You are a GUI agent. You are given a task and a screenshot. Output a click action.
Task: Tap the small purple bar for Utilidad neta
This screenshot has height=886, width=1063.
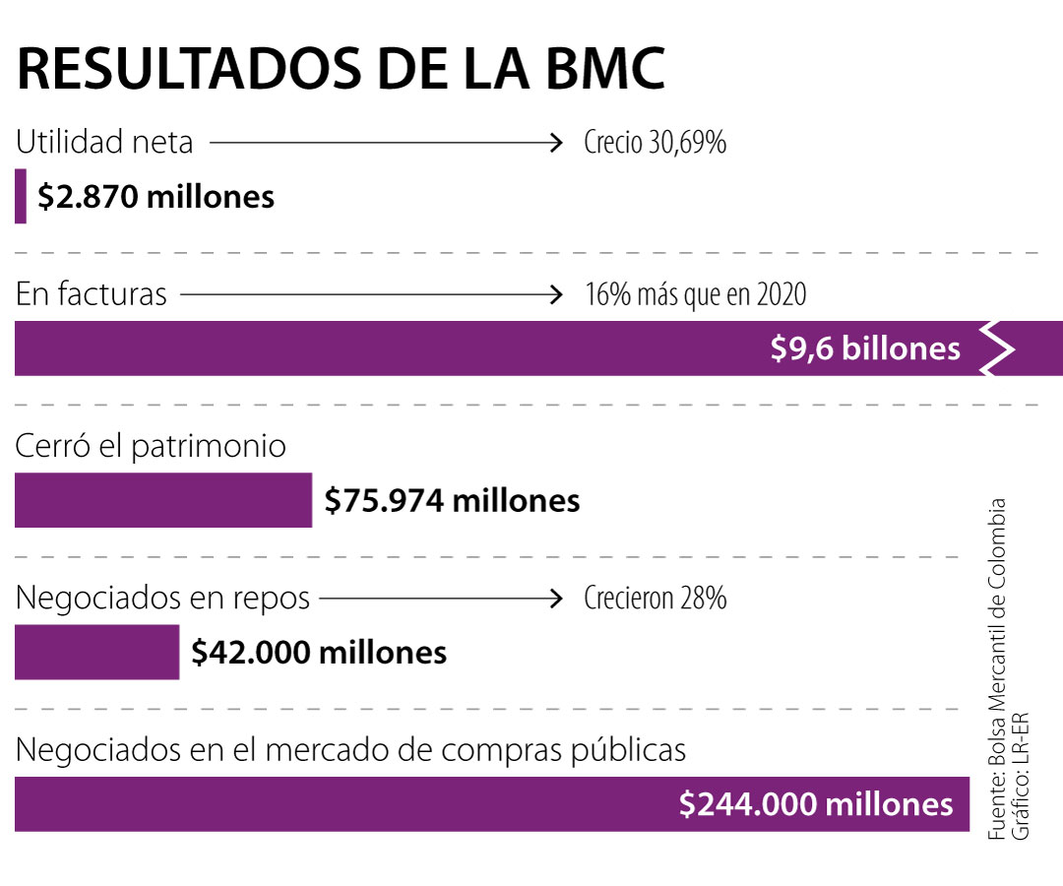[x=21, y=196]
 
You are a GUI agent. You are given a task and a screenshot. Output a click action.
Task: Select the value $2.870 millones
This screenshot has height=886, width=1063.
[x=156, y=197]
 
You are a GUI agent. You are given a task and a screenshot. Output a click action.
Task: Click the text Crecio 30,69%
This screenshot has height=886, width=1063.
[x=655, y=144]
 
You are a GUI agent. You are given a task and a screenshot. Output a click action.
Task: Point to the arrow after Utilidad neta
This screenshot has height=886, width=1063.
[x=384, y=144]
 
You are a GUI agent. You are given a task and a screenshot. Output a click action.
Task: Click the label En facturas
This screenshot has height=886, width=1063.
[x=92, y=294]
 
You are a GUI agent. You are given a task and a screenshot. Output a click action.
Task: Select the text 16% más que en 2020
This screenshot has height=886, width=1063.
[x=694, y=294]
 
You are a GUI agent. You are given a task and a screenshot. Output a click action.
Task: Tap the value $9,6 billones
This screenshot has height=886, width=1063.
[x=865, y=348]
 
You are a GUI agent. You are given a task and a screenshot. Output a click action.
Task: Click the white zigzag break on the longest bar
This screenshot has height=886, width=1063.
[x=997, y=348]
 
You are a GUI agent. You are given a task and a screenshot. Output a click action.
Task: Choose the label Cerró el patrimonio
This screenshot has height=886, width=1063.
[x=151, y=446]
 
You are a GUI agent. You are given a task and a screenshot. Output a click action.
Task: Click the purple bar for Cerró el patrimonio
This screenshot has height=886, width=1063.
[x=162, y=500]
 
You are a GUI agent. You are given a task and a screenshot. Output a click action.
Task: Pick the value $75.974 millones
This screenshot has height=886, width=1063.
[x=452, y=501]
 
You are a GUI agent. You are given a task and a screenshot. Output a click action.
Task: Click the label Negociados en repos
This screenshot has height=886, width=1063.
[x=163, y=598]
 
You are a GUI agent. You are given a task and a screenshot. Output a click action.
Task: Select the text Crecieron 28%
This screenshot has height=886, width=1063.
[x=655, y=598]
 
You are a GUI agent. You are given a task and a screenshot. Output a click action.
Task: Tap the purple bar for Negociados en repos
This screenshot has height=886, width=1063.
[x=96, y=652]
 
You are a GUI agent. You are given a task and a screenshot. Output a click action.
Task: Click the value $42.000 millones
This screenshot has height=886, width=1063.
[x=319, y=653]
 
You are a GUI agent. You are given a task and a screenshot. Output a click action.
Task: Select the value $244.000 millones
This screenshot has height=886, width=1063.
[x=816, y=804]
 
